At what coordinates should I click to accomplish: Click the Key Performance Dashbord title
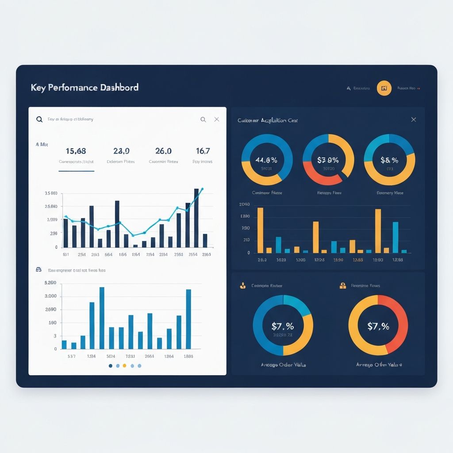[x=84, y=87]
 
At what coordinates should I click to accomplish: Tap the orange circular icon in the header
[x=384, y=88]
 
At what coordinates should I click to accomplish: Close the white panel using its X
[x=216, y=119]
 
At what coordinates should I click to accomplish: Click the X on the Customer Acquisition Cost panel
[x=414, y=119]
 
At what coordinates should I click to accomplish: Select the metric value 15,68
[x=76, y=151]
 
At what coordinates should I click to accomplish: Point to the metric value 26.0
[x=163, y=151]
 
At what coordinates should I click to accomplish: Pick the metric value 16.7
[x=203, y=151]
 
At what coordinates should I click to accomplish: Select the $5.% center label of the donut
[x=389, y=160]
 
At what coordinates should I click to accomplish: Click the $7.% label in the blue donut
[x=283, y=326]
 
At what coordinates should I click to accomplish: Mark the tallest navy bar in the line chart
[x=196, y=218]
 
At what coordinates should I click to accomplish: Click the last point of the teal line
[x=202, y=189]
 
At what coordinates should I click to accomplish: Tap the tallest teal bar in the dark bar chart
[x=395, y=237]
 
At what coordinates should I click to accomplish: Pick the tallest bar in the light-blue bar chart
[x=102, y=318]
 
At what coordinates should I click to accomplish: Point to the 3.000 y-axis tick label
[x=51, y=296]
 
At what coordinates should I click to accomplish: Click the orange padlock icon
[x=342, y=286]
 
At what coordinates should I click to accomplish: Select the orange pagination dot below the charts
[x=124, y=366]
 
